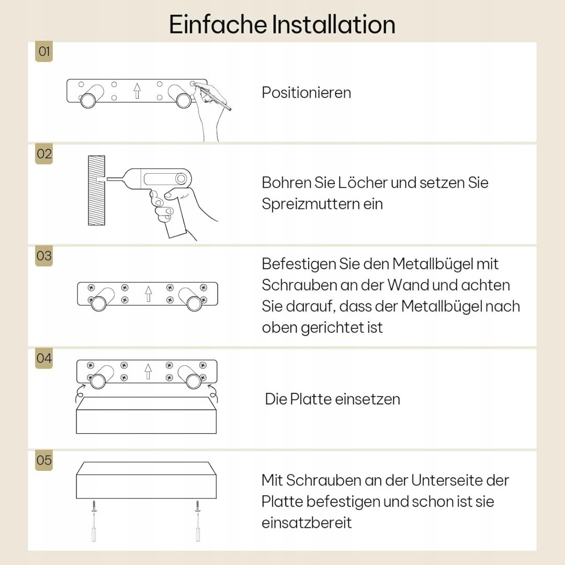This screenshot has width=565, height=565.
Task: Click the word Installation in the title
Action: click(x=333, y=25)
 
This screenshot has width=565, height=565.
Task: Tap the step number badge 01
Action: click(x=44, y=51)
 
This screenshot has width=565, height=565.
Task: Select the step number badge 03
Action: click(x=44, y=256)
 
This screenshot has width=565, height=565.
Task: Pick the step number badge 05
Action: click(x=44, y=460)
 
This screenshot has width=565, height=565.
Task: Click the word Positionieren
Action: click(x=306, y=93)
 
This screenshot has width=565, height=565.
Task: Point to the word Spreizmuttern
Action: click(x=310, y=205)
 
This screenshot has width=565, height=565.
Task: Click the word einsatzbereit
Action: click(x=307, y=523)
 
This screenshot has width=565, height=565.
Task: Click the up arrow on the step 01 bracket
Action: click(x=137, y=91)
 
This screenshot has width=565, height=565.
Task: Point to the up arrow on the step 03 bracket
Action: click(x=148, y=293)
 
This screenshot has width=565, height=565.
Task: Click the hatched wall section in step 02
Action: click(x=97, y=190)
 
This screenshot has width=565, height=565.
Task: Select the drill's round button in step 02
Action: click(x=181, y=179)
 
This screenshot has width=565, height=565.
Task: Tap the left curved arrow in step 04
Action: click(x=80, y=393)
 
